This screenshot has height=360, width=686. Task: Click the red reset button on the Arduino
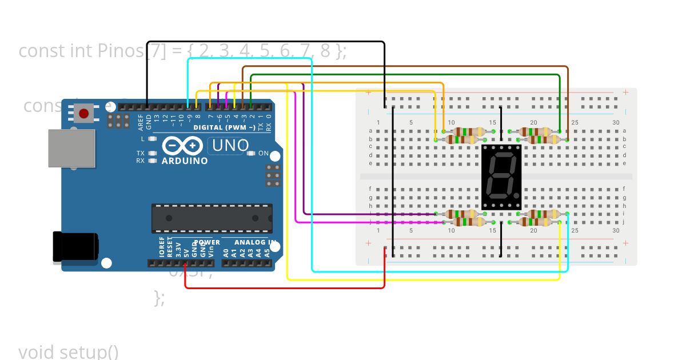(x=85, y=113)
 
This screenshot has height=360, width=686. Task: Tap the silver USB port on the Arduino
(x=71, y=148)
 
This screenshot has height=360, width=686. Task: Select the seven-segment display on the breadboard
(x=501, y=176)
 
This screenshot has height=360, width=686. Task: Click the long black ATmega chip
(x=212, y=218)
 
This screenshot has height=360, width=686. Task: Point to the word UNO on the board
(x=230, y=146)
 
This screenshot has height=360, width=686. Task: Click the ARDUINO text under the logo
(x=185, y=161)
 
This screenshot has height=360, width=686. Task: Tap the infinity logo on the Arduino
(x=182, y=146)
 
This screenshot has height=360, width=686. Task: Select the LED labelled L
(x=152, y=139)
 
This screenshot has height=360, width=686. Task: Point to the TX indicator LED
(x=152, y=153)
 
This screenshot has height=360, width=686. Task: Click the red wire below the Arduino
(x=286, y=287)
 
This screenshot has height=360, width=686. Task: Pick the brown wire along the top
(x=400, y=67)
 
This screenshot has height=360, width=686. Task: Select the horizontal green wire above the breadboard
(x=400, y=75)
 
